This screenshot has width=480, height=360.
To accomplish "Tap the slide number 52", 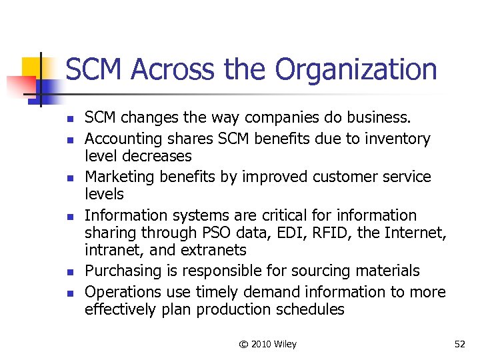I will point(459,344).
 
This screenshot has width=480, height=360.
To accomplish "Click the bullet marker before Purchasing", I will point(70,271).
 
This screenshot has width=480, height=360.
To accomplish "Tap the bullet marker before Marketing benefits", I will point(70,177).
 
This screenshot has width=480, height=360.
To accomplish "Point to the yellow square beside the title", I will point(31,67).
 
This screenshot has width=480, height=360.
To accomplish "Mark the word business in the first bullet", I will point(377,118).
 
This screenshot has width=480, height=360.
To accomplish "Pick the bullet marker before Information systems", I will point(70,216).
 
